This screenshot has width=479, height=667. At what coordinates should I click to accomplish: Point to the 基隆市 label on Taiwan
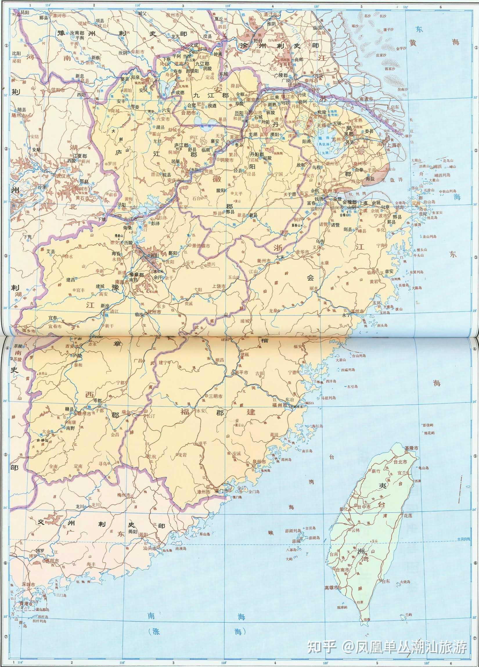click(x=411, y=447)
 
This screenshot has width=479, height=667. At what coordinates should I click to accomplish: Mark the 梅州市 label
click(x=123, y=495)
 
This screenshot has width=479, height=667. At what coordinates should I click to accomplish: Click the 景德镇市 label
click(x=201, y=245)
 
